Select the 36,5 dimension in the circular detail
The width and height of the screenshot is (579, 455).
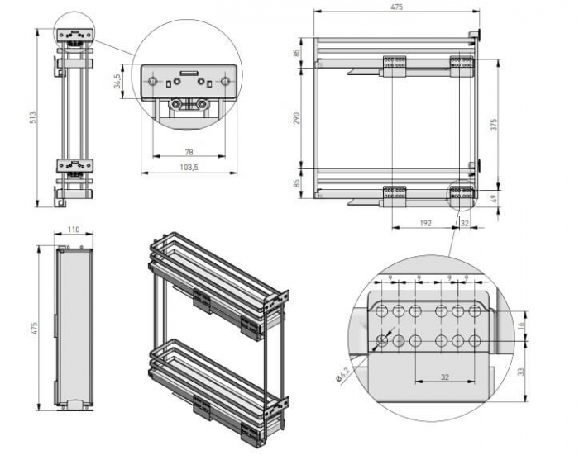117,84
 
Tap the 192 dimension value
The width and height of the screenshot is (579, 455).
423,222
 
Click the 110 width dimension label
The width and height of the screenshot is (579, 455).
74,230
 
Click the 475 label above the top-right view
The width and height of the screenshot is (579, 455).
396,7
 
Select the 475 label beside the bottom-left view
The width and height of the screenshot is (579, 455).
34,328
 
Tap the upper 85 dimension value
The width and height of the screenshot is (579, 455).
296,54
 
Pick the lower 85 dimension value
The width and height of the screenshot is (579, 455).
296,182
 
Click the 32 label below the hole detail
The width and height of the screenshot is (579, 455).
444,377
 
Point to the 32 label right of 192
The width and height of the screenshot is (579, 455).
464,222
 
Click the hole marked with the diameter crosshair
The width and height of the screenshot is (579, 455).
383,339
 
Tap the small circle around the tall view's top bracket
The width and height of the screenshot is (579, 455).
74,34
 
